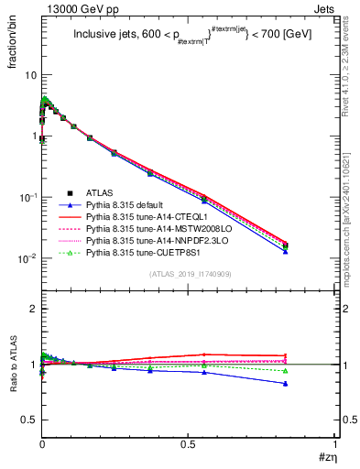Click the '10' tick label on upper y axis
30,74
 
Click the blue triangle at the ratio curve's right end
311,384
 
